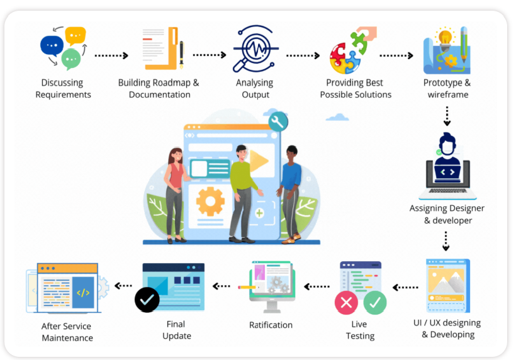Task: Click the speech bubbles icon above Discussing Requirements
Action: pos(63,48)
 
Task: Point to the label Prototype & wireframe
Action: pos(446,89)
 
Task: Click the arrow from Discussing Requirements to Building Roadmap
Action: pos(111,55)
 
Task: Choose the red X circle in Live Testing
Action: pos(346,303)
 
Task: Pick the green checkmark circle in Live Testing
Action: pos(375,303)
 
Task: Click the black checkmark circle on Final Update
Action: pos(147,301)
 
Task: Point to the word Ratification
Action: pos(271,325)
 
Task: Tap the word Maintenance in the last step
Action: pos(67,338)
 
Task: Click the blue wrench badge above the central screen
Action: pos(278,121)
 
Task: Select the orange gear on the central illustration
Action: pos(210,202)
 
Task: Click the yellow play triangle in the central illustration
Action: pos(259,162)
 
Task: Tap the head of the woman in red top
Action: pos(174,154)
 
